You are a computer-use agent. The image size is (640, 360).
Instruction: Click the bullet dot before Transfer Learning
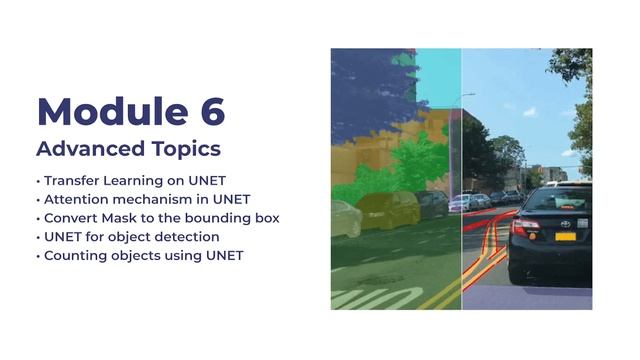[x=38, y=182]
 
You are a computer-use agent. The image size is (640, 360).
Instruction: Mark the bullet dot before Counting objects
[x=38, y=256]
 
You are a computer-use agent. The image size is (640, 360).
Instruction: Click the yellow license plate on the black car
[x=565, y=237]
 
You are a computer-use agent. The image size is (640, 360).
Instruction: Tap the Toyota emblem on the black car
[x=565, y=221]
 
